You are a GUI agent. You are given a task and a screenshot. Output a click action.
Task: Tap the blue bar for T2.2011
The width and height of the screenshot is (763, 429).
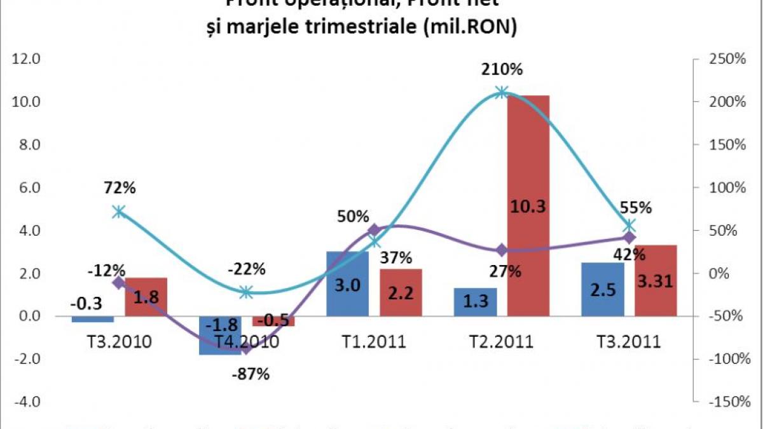click(x=475, y=301)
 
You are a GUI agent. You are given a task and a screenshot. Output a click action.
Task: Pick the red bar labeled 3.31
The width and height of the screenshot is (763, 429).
click(x=655, y=280)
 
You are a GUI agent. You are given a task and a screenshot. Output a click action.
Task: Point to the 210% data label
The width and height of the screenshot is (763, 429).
click(x=502, y=69)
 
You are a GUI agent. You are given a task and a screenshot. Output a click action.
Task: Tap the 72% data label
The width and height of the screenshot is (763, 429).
click(x=121, y=187)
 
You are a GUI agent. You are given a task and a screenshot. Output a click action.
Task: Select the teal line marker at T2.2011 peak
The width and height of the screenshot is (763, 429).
click(x=502, y=92)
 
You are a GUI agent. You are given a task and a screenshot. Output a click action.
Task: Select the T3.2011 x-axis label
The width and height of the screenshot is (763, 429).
click(x=628, y=343)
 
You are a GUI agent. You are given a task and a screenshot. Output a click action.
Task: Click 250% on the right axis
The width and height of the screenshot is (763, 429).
click(x=726, y=59)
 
